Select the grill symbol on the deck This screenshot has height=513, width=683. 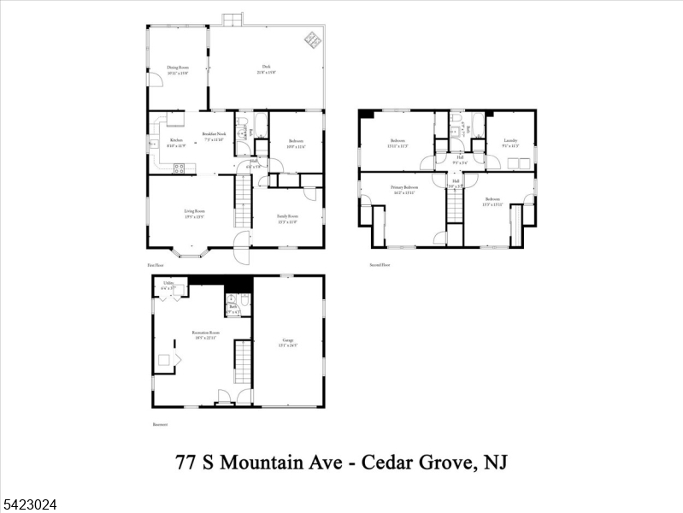[313, 39]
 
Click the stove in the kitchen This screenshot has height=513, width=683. [179, 168]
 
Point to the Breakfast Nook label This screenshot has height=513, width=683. [214, 136]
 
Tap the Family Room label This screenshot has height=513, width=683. [286, 217]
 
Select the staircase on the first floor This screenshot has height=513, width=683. [244, 205]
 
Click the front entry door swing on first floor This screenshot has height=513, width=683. [243, 253]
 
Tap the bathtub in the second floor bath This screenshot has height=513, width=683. [456, 131]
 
